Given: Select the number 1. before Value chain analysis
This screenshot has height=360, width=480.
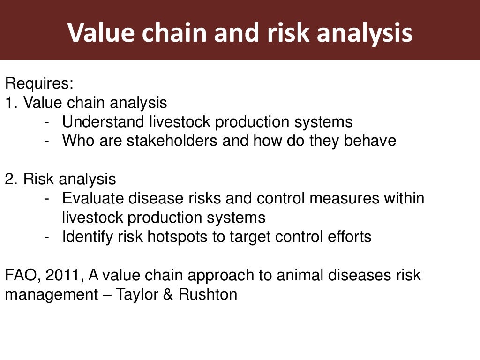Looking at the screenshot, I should coord(12,103).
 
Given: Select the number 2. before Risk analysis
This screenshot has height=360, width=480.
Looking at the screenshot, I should coord(12,179).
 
